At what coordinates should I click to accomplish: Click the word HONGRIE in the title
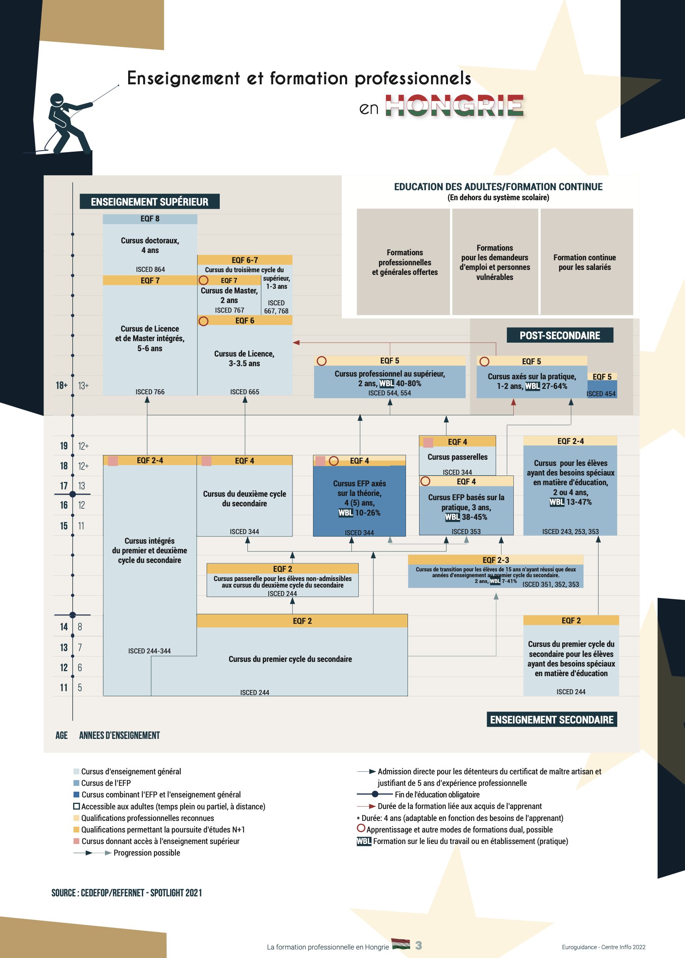[454, 105]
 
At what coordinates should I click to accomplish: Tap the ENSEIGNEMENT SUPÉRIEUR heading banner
[150, 202]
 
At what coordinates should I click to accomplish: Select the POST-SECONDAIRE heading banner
[560, 335]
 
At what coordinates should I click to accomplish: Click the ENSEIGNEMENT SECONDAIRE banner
[552, 720]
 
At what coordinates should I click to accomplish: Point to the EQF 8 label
[150, 219]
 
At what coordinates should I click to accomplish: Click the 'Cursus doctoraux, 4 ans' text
[150, 245]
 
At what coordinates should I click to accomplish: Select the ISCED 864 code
[150, 269]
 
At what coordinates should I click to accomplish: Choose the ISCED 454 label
[601, 394]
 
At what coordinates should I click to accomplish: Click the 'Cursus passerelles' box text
[457, 457]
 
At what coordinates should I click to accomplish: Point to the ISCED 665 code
[245, 392]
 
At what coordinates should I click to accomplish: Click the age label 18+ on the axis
[62, 385]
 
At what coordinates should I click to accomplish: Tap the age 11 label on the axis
[64, 687]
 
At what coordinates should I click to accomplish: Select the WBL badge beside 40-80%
[386, 383]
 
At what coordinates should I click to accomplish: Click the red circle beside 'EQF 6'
[203, 321]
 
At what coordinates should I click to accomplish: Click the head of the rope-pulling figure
[57, 100]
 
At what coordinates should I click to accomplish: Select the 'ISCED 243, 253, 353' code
[570, 531]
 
